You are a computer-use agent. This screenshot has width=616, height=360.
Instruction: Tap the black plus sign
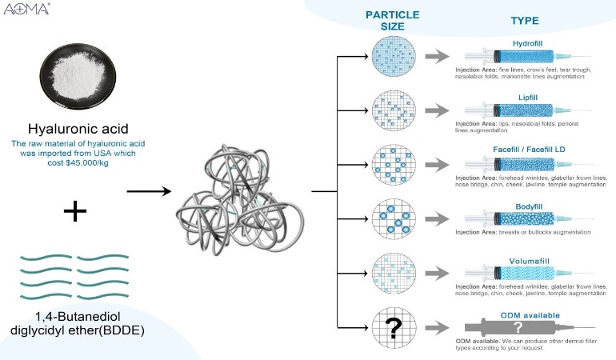click(x=75, y=210)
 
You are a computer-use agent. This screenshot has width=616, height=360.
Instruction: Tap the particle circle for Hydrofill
click(x=392, y=57)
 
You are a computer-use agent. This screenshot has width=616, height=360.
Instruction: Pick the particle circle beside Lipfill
click(x=392, y=110)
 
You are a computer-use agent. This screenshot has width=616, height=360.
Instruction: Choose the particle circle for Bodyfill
click(x=392, y=217)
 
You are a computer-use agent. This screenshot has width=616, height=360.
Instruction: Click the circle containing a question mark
click(x=392, y=326)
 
